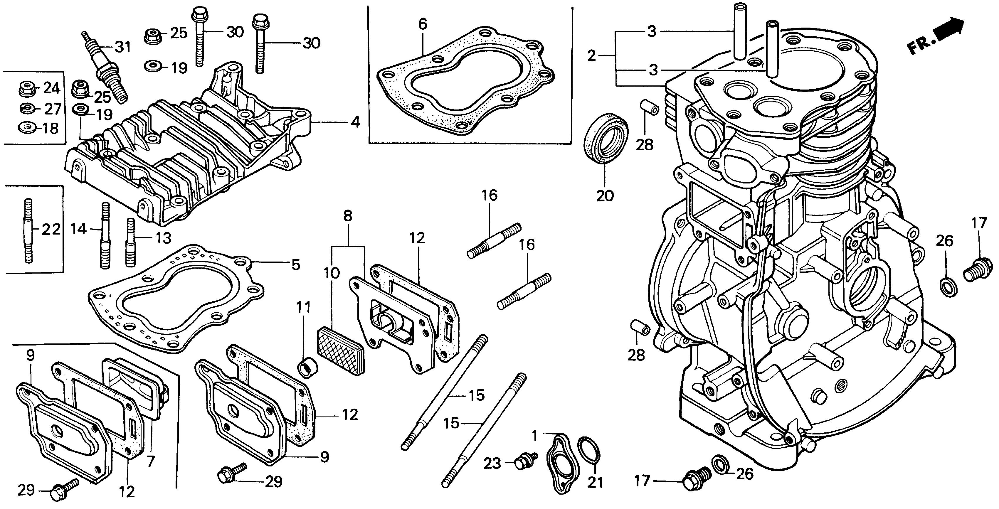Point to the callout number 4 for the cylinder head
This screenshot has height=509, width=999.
[355, 122]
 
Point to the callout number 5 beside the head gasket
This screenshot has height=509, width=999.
[295, 265]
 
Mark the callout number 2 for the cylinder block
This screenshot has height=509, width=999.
[591, 57]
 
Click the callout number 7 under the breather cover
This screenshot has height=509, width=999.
[150, 461]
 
